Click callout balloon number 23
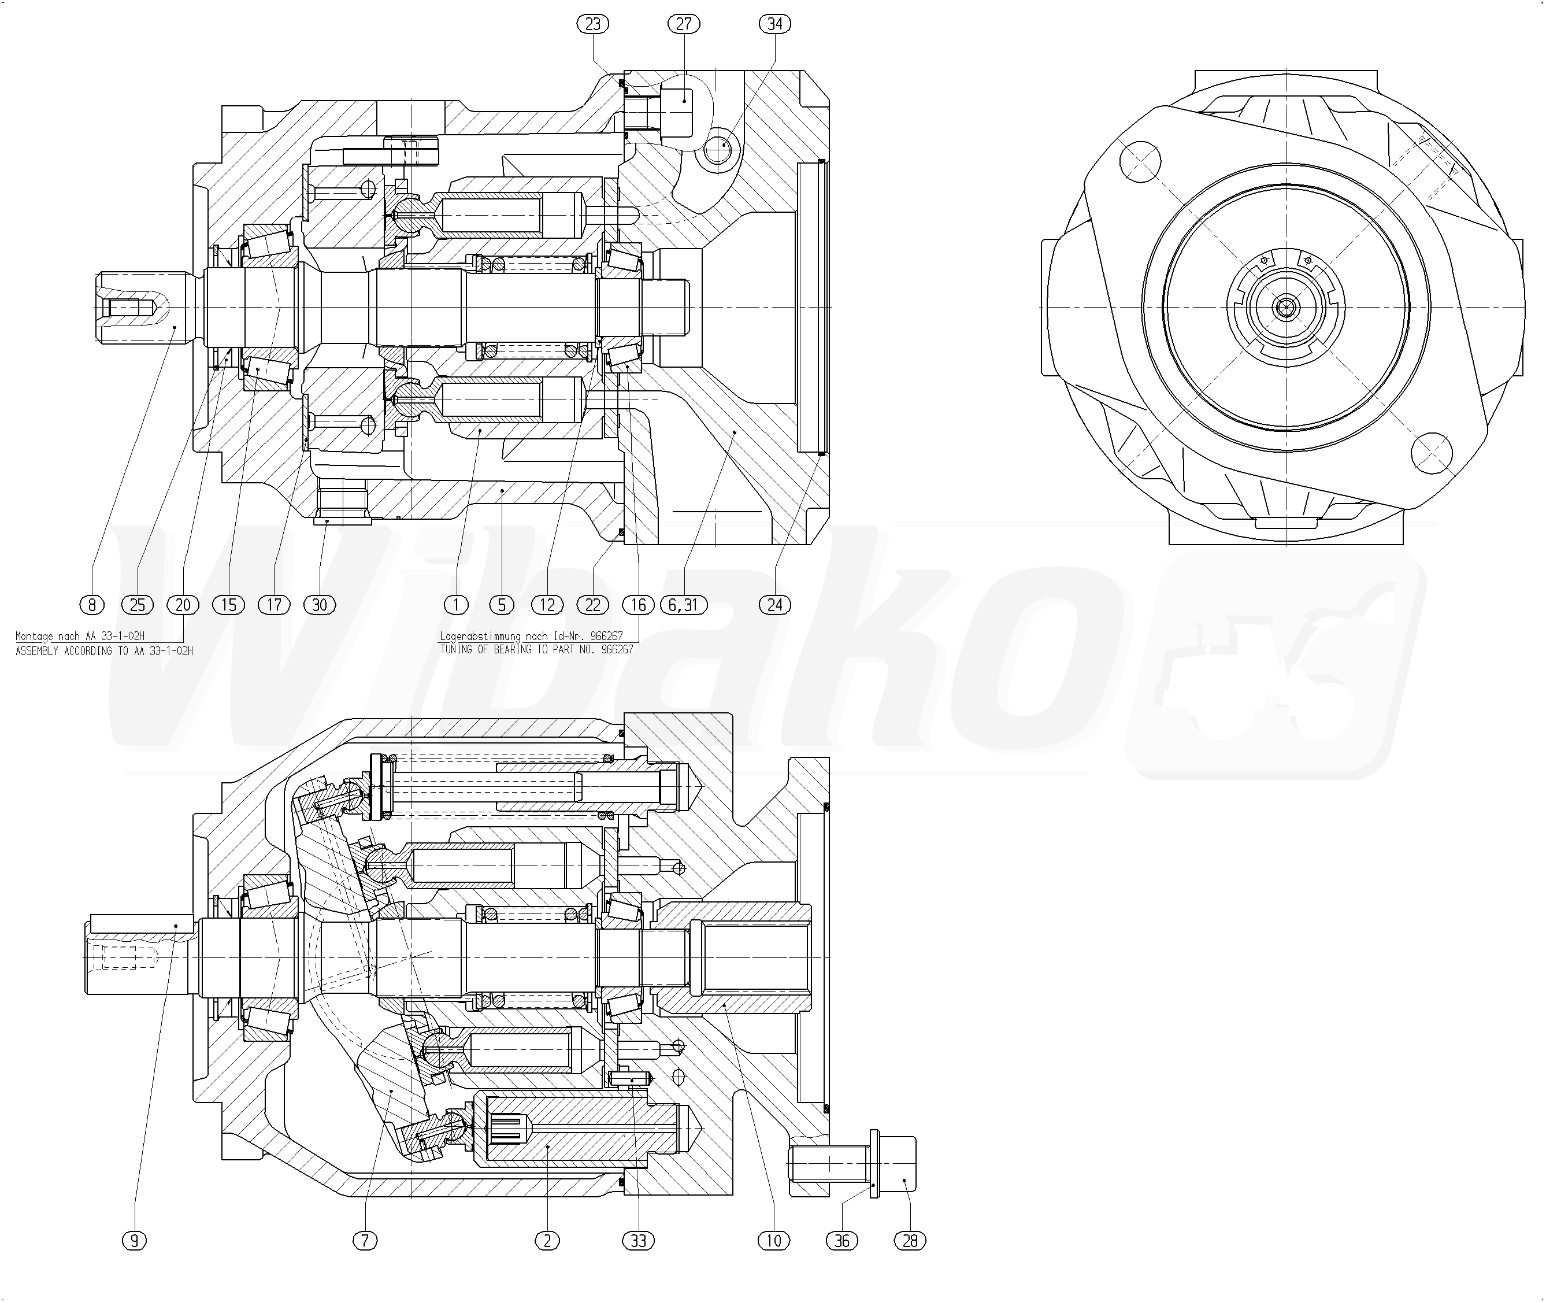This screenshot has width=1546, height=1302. point(592,24)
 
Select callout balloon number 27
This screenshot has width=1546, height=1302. point(684,24)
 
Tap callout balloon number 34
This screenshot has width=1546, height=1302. point(775,24)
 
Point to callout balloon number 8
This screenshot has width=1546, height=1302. point(92,605)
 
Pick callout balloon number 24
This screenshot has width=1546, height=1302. point(775,605)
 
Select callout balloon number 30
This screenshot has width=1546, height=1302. point(320,605)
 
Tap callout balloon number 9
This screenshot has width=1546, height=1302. point(134,1241)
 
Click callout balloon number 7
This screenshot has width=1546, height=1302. point(365,1241)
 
